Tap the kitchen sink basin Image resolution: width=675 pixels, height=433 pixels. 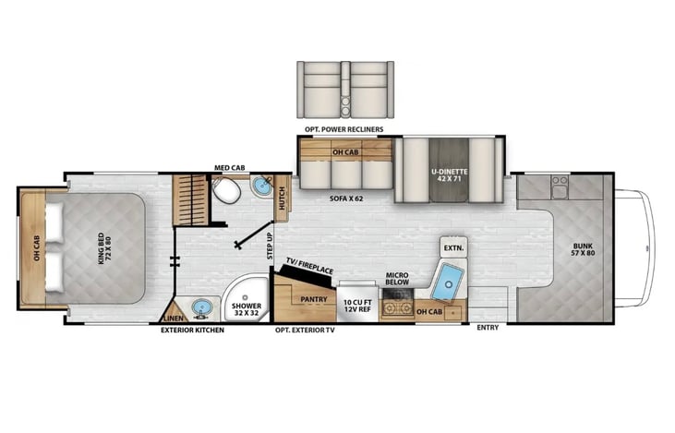click(x=448, y=282)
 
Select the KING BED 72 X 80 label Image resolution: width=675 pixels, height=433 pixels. click(x=104, y=248)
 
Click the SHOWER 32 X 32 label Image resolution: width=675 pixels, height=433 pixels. click(x=247, y=309)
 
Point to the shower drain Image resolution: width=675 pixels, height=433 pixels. click(x=246, y=297)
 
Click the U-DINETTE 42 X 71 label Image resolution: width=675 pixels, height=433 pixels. click(x=450, y=174)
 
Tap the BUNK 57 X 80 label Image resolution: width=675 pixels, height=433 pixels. click(x=584, y=249)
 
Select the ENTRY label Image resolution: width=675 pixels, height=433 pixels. click(x=488, y=328)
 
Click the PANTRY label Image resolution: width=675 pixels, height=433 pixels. click(x=314, y=299)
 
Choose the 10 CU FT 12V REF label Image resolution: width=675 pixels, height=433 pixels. click(x=357, y=306)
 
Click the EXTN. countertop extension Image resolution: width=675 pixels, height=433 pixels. click(x=453, y=247)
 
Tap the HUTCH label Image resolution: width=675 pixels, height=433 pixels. click(x=282, y=198)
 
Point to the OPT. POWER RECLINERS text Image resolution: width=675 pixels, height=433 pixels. click(x=344, y=129)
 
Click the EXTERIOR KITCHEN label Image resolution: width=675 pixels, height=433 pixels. click(x=192, y=331)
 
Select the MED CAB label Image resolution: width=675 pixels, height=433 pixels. click(x=229, y=167)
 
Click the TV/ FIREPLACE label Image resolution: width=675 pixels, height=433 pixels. click(x=310, y=266)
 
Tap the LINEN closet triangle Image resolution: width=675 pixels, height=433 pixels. click(x=175, y=313)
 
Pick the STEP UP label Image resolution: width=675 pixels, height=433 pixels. click(x=270, y=246)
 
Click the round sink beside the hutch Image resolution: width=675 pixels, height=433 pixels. click(x=261, y=186)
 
